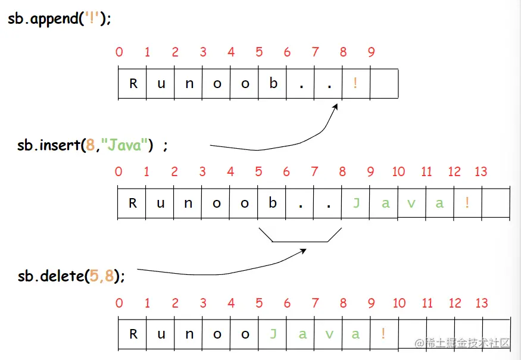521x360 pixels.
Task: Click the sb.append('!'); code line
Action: click(x=59, y=18)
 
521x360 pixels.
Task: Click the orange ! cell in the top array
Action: click(x=355, y=83)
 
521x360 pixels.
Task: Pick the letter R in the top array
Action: click(x=133, y=83)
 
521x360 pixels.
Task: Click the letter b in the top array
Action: click(x=273, y=83)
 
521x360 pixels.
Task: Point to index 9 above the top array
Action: click(x=371, y=52)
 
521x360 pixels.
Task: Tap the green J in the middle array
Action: click(x=356, y=204)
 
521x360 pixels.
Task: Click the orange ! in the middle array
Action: click(x=467, y=204)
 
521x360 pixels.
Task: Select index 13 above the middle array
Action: click(x=481, y=172)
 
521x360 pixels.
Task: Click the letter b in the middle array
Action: click(x=273, y=204)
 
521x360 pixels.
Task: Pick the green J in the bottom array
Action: click(x=273, y=334)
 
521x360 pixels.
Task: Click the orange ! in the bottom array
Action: click(x=383, y=334)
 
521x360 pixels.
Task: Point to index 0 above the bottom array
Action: click(x=119, y=304)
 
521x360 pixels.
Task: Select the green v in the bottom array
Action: click(x=329, y=334)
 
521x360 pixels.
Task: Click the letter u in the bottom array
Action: click(x=161, y=334)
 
